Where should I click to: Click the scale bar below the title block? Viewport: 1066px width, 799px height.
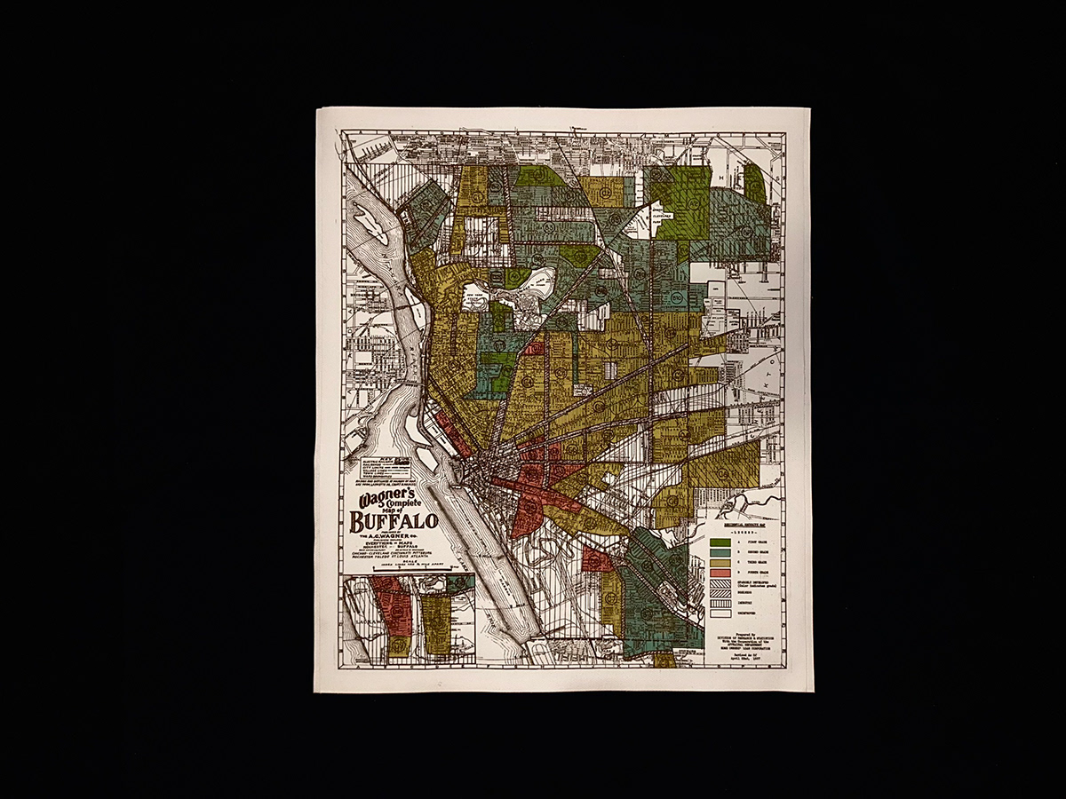400,566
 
